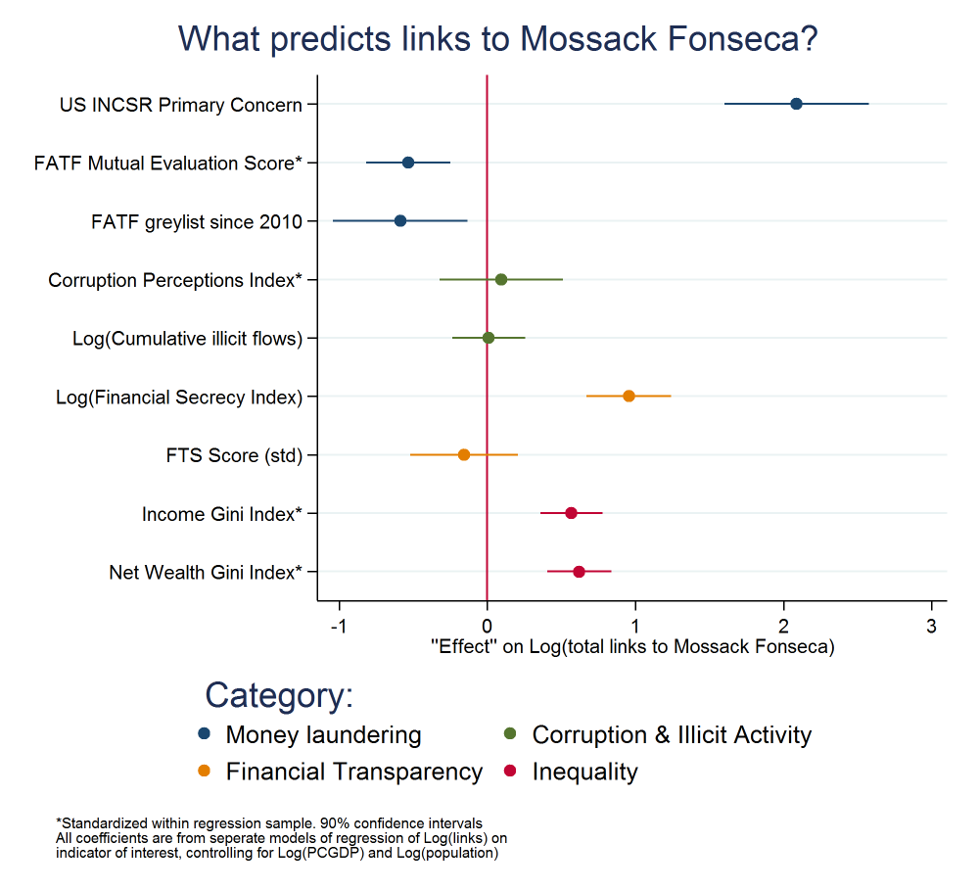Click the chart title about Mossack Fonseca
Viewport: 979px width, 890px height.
click(x=498, y=38)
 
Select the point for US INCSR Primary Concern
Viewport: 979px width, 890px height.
click(x=796, y=104)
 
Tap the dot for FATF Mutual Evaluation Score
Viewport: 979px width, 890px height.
click(x=408, y=163)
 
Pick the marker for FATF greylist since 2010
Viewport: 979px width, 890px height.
click(x=400, y=220)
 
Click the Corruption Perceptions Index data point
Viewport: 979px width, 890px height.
click(x=501, y=279)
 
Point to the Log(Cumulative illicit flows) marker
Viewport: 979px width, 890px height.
click(x=489, y=338)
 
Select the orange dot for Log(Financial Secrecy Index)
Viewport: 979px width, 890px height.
click(x=629, y=396)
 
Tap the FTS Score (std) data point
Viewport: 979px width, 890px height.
click(x=464, y=454)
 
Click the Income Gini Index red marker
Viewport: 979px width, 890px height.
click(x=571, y=513)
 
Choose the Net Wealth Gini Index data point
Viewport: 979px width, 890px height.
click(x=579, y=572)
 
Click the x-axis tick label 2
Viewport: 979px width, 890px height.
click(x=783, y=627)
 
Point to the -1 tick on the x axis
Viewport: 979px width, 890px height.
click(x=339, y=627)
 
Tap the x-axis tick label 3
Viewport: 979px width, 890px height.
click(x=931, y=627)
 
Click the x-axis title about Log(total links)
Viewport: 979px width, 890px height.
click(x=632, y=647)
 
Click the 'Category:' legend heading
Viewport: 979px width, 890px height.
click(x=279, y=695)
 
